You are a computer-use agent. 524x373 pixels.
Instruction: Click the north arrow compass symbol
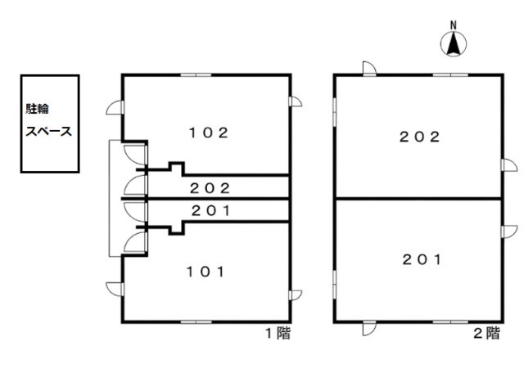pyautogui.click(x=454, y=43)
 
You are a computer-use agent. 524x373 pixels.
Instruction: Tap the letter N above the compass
pyautogui.click(x=454, y=25)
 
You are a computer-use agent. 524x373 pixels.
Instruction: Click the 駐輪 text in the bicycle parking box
pyautogui.click(x=38, y=109)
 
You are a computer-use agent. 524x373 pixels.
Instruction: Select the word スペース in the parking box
pyautogui.click(x=49, y=131)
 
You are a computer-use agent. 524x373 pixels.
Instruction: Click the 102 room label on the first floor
pyautogui.click(x=209, y=133)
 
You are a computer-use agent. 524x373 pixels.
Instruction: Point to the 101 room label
pyautogui.click(x=206, y=272)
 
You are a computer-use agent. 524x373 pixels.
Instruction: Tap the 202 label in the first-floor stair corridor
pyautogui.click(x=210, y=188)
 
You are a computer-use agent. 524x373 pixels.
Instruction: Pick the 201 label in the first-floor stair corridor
pyautogui.click(x=211, y=211)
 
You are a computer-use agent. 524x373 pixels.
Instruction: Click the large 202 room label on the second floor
pyautogui.click(x=420, y=137)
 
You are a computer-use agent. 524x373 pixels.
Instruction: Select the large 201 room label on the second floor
pyautogui.click(x=422, y=259)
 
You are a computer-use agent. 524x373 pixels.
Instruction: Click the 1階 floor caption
pyautogui.click(x=278, y=333)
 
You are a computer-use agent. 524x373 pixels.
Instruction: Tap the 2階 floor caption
pyautogui.click(x=487, y=333)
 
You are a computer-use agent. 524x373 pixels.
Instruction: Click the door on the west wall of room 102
pyautogui.click(x=115, y=107)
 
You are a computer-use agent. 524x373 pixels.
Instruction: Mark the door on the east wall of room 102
pyautogui.click(x=295, y=101)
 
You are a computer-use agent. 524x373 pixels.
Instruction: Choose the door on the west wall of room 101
pyautogui.click(x=115, y=290)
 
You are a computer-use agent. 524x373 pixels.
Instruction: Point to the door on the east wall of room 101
pyautogui.click(x=295, y=295)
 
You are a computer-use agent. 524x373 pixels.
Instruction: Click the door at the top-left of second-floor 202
pyautogui.click(x=369, y=69)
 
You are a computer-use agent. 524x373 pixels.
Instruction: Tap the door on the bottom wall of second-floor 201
pyautogui.click(x=369, y=328)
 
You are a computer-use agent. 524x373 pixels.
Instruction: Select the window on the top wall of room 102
pyautogui.click(x=196, y=74)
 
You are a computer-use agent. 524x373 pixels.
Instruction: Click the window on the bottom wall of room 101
pyautogui.click(x=196, y=322)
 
